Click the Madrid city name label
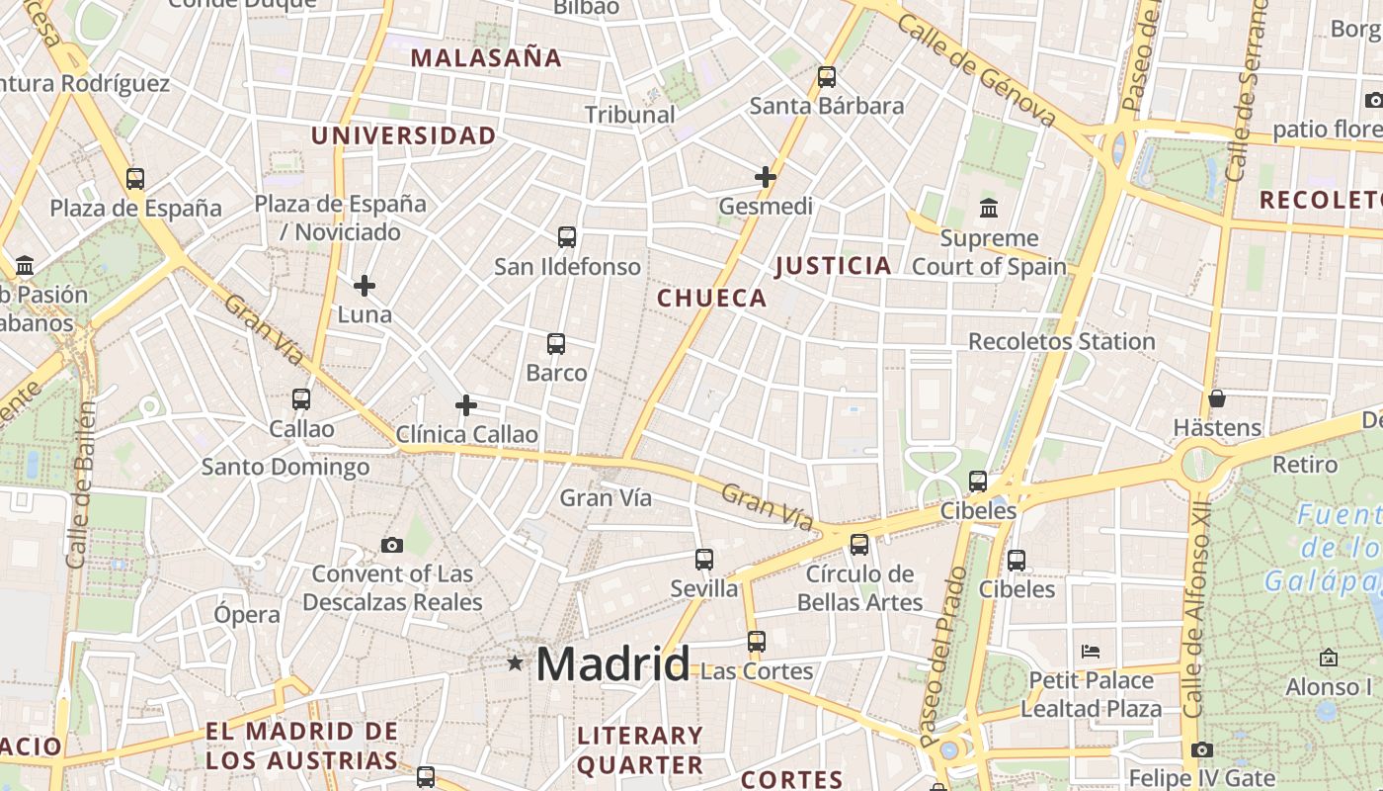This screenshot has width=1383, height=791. [612, 663]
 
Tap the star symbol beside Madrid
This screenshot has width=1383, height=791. [515, 662]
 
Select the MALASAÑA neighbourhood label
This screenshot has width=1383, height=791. [486, 57]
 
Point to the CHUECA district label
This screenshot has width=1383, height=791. [712, 298]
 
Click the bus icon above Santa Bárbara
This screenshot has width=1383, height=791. [827, 76]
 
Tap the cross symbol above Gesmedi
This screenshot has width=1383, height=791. [766, 177]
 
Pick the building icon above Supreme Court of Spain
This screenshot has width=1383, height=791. [989, 208]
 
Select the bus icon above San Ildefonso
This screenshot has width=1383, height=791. [567, 237]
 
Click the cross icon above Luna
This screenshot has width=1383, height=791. [365, 286]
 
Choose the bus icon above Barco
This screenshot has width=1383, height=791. [556, 344]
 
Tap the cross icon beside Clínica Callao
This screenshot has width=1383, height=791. [466, 405]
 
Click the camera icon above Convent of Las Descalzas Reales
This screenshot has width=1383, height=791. [392, 545]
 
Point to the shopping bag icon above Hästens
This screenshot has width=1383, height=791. [1217, 398]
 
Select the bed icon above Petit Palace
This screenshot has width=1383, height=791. [1091, 652]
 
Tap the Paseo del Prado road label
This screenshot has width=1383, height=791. [942, 657]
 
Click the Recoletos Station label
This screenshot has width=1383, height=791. [1061, 341]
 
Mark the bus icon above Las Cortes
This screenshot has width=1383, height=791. [757, 642]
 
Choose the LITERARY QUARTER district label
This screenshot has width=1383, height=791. [640, 749]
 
